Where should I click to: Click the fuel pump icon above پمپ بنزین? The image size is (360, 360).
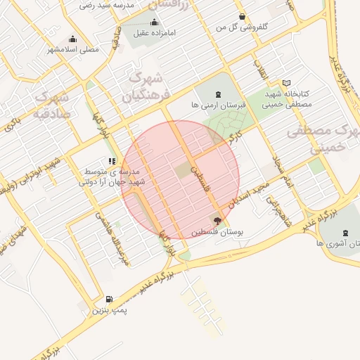(108, 299)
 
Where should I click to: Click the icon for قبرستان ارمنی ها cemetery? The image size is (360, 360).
(217, 94)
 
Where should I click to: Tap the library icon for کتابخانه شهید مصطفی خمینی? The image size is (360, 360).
(286, 83)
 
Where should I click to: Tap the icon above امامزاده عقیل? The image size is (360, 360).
(155, 22)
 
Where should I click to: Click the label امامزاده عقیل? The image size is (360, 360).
(157, 33)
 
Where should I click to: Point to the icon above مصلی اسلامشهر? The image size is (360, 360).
(72, 39)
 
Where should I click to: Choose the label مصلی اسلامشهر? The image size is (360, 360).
(72, 50)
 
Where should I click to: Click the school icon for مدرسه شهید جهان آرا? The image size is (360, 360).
(112, 161)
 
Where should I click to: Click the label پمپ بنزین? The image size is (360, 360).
(109, 310)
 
